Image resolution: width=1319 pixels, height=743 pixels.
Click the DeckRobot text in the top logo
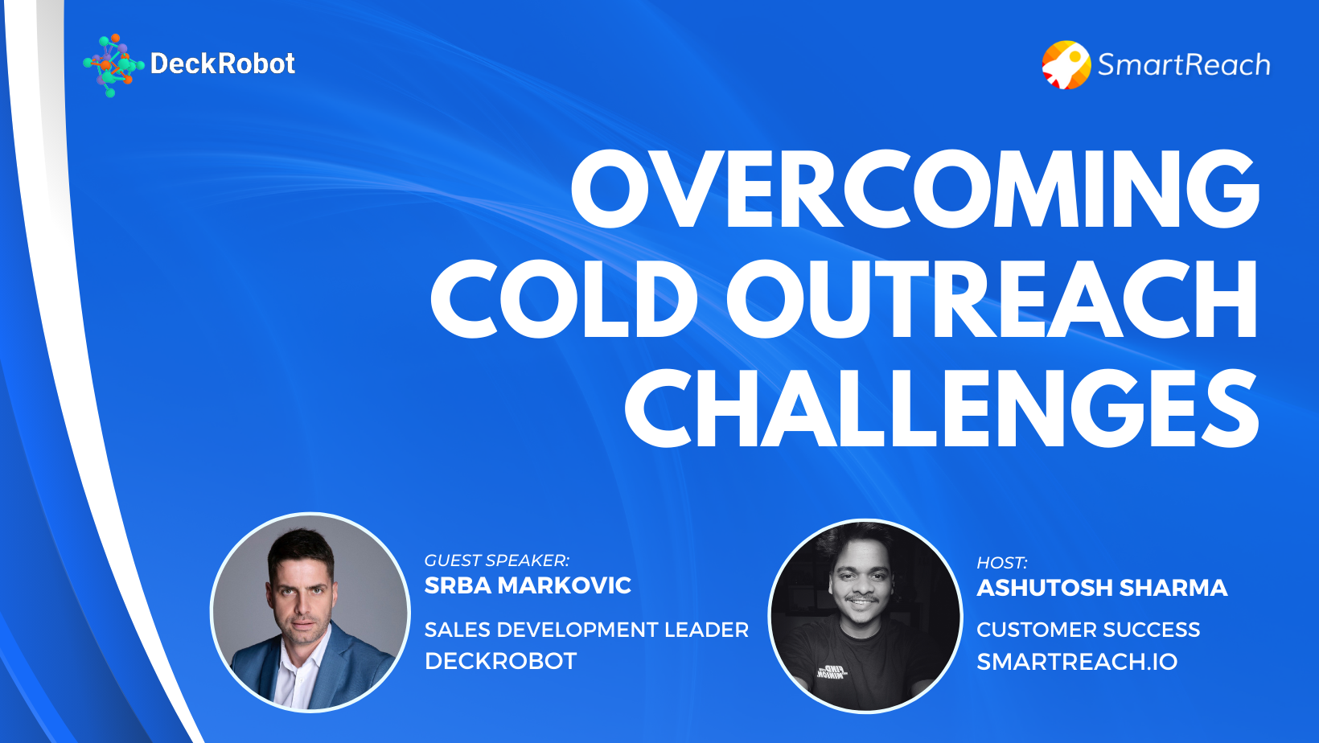[x=222, y=64]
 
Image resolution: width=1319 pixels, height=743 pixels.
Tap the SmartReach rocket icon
[x=1066, y=64]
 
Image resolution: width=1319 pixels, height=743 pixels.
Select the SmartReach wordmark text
[x=1183, y=64]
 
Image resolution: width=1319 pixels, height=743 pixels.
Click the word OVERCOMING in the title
[x=914, y=190]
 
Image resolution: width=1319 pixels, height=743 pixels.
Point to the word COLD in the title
[x=563, y=299]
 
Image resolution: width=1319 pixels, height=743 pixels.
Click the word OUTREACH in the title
[x=992, y=299]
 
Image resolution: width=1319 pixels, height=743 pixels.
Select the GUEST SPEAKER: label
[x=496, y=560]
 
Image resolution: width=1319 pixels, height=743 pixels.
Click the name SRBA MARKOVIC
[x=528, y=585]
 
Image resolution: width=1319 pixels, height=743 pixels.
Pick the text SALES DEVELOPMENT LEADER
[x=586, y=630]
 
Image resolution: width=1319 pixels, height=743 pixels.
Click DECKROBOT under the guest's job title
[x=500, y=661]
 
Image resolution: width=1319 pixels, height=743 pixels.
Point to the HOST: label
[x=1001, y=563]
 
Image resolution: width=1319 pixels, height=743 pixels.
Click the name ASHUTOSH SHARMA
[x=1101, y=588]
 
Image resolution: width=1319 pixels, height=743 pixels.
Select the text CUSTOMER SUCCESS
[x=1087, y=630]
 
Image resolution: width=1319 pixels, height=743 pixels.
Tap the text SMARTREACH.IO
[x=1076, y=662]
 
